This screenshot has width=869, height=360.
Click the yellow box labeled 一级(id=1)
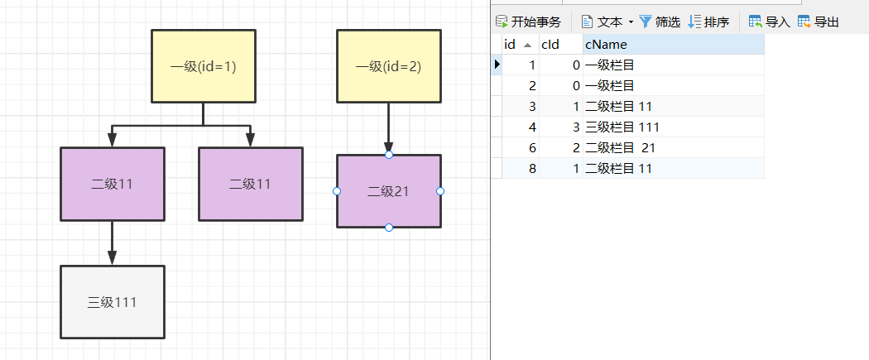[204, 66]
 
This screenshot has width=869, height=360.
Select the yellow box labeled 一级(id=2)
[388, 66]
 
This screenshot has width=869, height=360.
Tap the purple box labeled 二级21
[388, 191]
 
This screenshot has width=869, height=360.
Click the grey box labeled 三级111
[113, 302]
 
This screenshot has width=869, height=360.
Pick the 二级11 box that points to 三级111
[113, 184]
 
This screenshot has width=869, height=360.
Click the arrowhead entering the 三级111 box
[113, 257]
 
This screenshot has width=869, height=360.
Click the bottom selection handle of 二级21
[388, 228]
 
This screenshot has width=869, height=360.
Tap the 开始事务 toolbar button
[528, 22]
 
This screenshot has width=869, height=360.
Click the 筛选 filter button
[660, 22]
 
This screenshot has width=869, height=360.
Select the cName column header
[606, 44]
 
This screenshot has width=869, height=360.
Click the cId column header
[550, 44]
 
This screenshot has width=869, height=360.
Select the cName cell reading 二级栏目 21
[621, 147]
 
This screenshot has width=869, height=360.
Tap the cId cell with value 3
[559, 127]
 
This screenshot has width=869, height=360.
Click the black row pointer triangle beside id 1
[497, 65]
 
